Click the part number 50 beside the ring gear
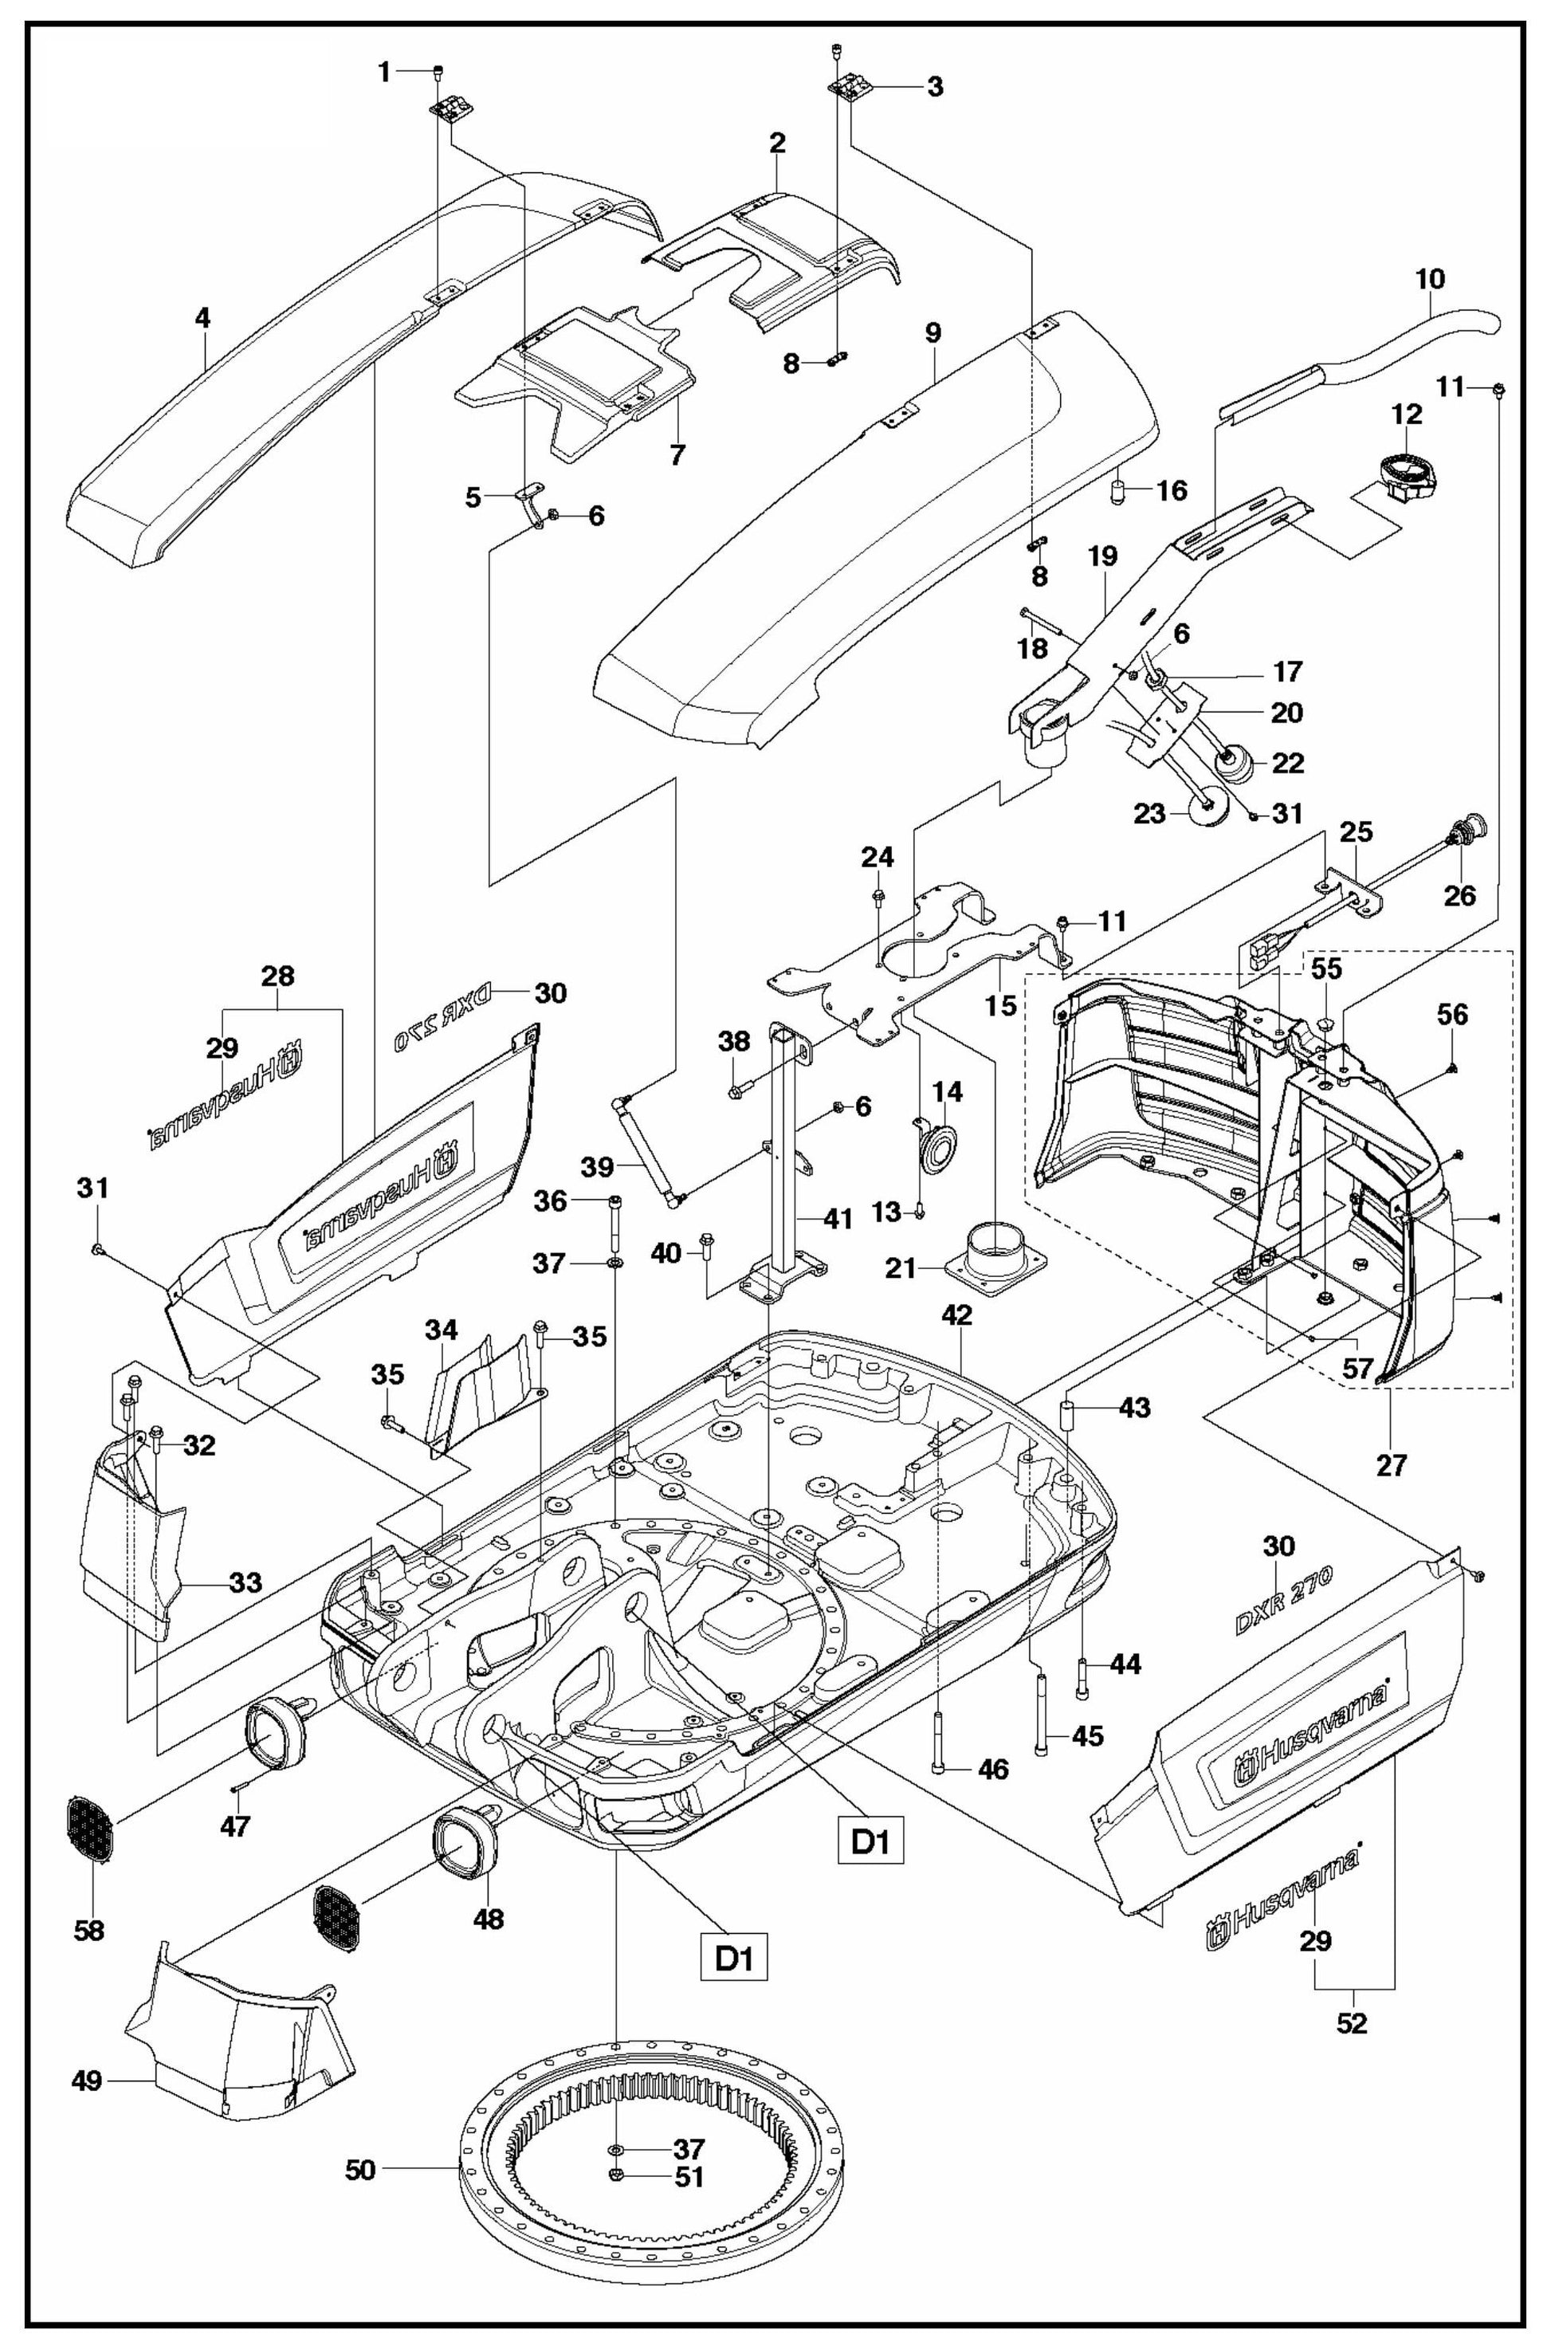[360, 2170]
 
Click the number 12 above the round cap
[1407, 414]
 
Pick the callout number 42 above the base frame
[956, 1314]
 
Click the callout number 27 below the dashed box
[1391, 1464]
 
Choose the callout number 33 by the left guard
[245, 1582]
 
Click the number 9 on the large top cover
[932, 332]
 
